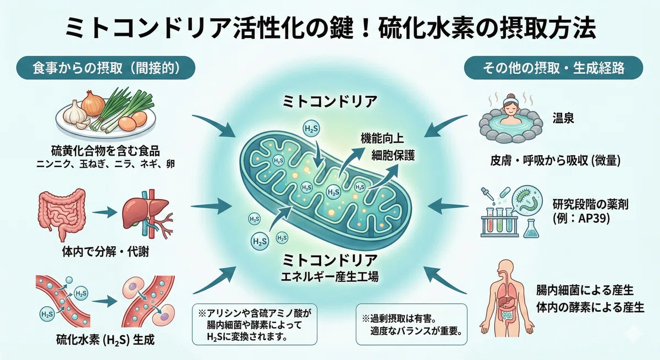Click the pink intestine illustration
62,212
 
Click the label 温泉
563,118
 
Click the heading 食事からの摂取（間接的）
106,68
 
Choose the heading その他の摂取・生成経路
554,68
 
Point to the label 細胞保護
393,155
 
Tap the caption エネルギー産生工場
329,276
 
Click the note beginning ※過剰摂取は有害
411,325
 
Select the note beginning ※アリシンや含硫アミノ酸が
255,325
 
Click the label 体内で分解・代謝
106,252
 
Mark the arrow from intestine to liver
105,212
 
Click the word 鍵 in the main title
339,28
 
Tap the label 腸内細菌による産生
585,291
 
